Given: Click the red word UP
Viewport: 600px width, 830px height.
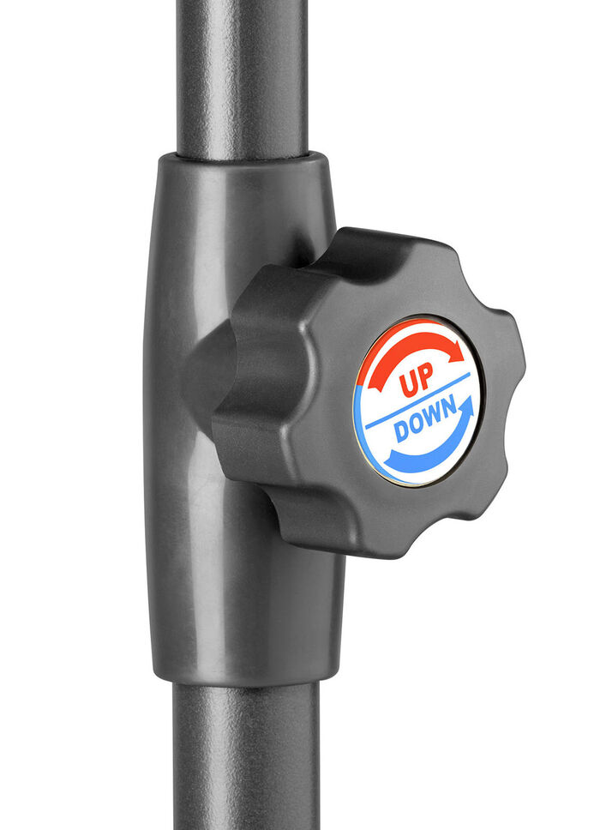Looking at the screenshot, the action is pos(416,380).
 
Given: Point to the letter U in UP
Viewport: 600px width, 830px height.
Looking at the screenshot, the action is pos(408,384).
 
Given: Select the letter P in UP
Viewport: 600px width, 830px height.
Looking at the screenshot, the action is pos(425,376).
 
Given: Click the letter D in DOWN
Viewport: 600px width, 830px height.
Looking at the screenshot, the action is pos(402,432).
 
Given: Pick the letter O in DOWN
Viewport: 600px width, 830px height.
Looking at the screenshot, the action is pos(417,424).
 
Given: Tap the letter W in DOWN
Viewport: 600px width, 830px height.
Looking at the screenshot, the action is pos(432,417).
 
